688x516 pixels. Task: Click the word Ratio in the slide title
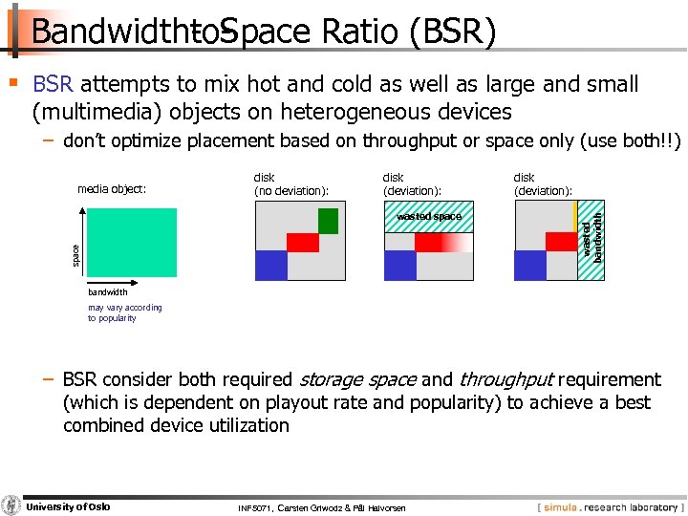pos(359,32)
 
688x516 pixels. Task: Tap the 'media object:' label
pos(112,188)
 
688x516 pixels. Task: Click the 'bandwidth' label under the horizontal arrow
pos(107,292)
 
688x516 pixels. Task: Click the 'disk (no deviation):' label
pos(290,183)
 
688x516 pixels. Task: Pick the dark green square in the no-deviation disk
pos(328,221)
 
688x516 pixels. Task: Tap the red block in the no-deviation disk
pos(303,243)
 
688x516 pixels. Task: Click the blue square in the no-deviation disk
pos(271,265)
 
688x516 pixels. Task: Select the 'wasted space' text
pos(428,217)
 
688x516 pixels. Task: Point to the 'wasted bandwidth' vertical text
pos(592,239)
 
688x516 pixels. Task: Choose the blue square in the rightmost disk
pos(529,265)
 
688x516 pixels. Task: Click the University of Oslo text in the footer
pos(68,506)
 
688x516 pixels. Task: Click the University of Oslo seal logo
pos(11,505)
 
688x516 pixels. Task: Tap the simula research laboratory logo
pos(608,506)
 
